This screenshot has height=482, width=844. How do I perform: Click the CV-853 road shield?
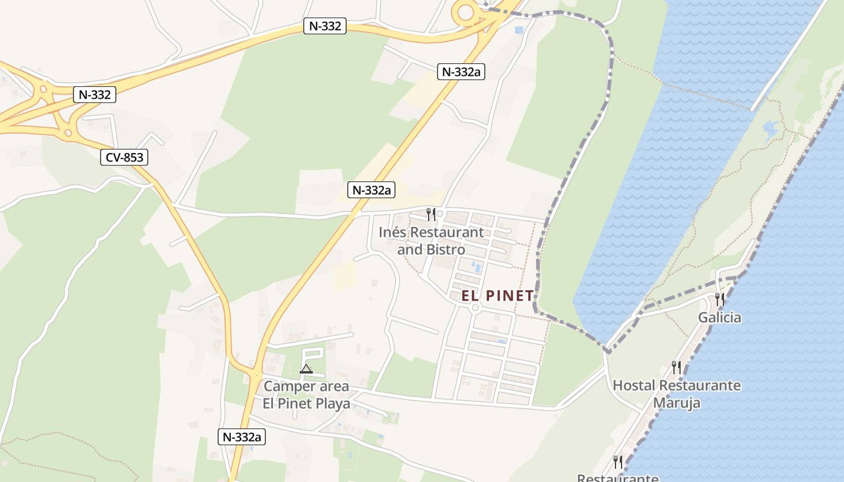coord(124,158)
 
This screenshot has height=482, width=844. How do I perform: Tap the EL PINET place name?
coord(498,296)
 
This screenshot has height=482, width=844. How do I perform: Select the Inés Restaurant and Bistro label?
coord(431,240)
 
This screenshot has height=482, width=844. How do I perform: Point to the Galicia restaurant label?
coord(719,317)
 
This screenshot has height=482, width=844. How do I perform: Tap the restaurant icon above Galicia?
coord(719,298)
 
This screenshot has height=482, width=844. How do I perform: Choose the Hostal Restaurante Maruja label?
coord(676,393)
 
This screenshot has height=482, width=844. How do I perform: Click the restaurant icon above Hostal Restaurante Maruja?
coord(676,366)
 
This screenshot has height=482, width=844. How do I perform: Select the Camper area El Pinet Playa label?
coord(306,395)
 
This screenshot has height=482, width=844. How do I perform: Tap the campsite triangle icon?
coord(306,369)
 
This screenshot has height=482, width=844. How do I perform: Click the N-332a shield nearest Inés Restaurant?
coord(372,190)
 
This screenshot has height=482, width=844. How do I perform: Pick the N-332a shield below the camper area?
coord(242,437)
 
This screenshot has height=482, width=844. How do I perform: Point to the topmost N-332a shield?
coord(462,72)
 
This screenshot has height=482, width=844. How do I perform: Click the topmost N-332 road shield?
coord(325,26)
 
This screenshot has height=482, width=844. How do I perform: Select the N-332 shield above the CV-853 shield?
coord(94,94)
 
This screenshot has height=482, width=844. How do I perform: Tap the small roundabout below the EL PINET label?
coord(475,308)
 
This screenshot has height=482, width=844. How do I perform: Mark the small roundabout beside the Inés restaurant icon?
coord(440,214)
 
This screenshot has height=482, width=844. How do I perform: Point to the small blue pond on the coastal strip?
coord(770,128)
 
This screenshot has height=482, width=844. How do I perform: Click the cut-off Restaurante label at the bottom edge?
coord(617,477)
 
